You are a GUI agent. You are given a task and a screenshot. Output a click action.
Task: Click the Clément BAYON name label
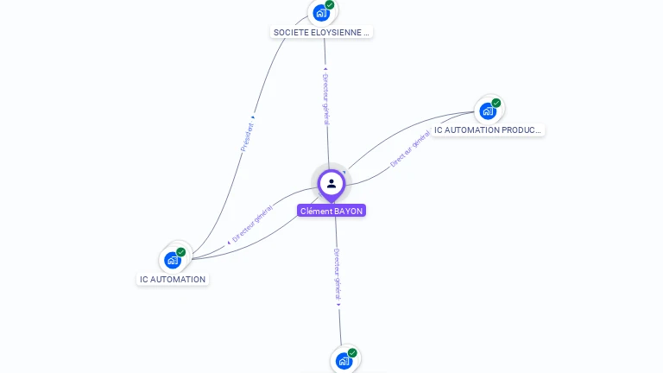331,211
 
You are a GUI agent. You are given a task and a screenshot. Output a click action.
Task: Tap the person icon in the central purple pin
331,183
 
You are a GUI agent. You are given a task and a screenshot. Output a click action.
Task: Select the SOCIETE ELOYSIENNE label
321,33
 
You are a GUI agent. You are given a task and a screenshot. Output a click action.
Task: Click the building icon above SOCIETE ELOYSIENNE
321,13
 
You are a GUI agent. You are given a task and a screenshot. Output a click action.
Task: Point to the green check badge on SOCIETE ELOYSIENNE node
330,5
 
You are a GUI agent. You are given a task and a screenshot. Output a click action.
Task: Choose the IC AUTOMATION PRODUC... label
488,130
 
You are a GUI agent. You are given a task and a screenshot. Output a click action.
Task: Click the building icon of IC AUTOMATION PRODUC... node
488,111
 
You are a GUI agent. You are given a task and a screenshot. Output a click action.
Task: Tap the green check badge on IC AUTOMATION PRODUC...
496,103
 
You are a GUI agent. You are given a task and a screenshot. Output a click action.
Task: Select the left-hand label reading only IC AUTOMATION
173,280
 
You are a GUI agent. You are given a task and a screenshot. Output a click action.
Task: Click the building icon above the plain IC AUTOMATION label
173,260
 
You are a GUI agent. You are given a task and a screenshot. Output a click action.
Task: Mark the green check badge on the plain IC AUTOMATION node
181,252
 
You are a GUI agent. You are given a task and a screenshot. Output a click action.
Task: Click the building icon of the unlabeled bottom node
344,361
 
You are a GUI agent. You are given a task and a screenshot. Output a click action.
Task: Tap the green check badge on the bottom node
352,353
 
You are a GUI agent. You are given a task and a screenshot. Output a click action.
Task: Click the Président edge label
248,136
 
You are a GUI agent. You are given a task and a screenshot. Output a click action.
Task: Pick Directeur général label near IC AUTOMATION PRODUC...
409,149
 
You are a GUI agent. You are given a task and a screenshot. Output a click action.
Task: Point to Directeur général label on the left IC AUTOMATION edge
251,224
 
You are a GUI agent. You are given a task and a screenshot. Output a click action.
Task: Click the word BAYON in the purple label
348,211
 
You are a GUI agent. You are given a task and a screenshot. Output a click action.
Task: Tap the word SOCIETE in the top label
291,33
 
